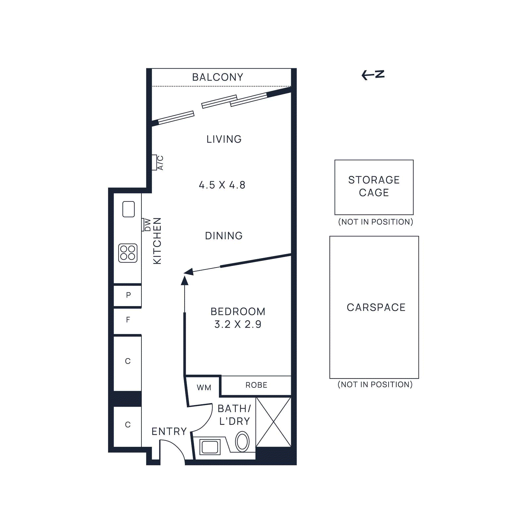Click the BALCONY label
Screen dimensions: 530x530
click(x=218, y=77)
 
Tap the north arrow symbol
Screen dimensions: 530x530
click(x=373, y=75)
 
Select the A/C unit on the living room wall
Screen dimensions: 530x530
click(x=154, y=162)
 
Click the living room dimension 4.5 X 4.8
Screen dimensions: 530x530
click(x=222, y=185)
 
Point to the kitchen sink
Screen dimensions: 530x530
click(x=129, y=209)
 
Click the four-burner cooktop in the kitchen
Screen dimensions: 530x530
click(x=128, y=253)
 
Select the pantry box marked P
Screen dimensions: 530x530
click(x=128, y=295)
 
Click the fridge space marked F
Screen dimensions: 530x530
click(x=128, y=320)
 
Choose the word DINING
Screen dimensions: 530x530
click(x=224, y=236)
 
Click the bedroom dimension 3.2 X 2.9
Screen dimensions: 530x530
click(x=238, y=324)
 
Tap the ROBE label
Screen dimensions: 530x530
click(x=256, y=385)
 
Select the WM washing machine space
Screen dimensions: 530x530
click(x=204, y=388)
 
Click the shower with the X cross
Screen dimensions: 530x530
click(x=274, y=422)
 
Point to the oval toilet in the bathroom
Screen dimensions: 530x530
click(x=242, y=442)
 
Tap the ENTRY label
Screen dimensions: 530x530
click(x=169, y=431)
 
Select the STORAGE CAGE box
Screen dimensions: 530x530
click(x=374, y=187)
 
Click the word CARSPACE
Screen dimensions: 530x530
click(x=376, y=307)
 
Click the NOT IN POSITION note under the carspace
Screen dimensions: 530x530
click(x=375, y=385)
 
